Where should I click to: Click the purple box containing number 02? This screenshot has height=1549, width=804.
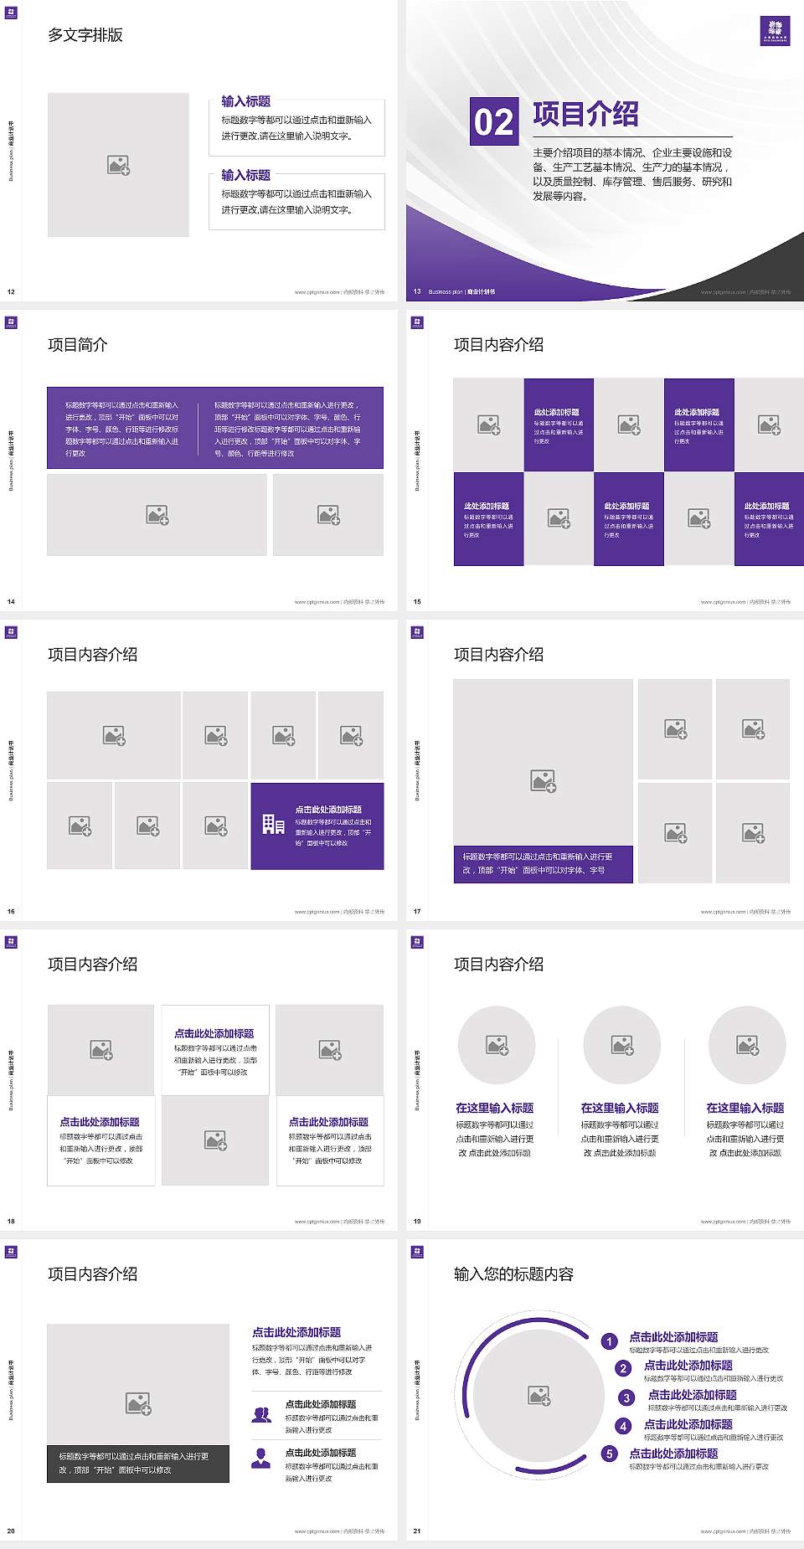494,121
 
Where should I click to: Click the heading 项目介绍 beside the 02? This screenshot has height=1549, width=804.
585,115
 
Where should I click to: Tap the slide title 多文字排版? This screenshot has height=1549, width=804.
85,35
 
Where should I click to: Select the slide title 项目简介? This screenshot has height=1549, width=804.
78,345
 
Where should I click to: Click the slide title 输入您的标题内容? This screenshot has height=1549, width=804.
513,1274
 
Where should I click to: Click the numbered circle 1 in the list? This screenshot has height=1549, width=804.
610,1341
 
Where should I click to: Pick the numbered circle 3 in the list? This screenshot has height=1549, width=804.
626,1397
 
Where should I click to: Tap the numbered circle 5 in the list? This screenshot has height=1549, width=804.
610,1454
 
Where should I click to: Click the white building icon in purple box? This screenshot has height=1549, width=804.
273,825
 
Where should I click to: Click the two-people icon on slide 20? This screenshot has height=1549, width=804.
261,1414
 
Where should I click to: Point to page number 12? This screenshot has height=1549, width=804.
11,292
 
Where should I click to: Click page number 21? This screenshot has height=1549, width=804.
417,1531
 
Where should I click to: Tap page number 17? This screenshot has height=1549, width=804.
417,912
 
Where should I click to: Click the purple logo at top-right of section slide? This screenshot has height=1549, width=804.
775,31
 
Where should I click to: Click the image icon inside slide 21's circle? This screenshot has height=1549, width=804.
539,1396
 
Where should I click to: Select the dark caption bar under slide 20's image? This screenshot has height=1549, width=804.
138,1464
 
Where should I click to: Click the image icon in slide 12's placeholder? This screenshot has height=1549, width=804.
118,166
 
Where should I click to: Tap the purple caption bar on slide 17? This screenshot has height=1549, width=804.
543,864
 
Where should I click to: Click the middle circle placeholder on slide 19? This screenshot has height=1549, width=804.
622,1045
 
